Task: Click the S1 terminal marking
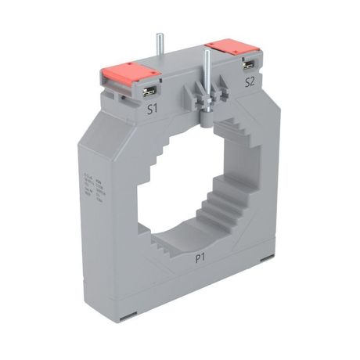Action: coord(154,110)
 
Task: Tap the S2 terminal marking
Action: coord(250,81)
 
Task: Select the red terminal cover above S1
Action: coord(129,75)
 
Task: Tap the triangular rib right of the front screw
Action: coord(224,94)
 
